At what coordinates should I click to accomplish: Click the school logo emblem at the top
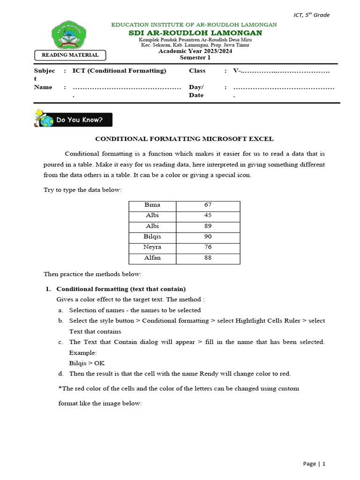coord(68,35)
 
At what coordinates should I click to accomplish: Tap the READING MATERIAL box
coord(70,55)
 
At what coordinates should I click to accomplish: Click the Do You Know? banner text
coord(79,120)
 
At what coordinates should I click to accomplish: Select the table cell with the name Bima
coord(152,205)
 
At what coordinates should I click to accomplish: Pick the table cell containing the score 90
coord(208,237)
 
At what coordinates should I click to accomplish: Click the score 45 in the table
coord(208,216)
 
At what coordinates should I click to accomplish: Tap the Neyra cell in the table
coord(152,247)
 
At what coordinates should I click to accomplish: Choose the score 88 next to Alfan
coord(208,258)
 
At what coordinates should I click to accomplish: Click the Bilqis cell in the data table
coord(152,237)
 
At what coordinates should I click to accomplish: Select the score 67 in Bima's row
coord(208,205)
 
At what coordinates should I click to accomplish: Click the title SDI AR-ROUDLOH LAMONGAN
coord(195,33)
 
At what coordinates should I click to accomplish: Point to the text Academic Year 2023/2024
coord(195,51)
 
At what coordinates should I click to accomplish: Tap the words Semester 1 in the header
coord(195,58)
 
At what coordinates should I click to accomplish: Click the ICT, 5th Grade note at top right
coord(311,15)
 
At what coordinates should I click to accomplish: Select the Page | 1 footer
coord(314,464)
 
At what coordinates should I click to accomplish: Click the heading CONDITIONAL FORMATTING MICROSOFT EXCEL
coord(184,139)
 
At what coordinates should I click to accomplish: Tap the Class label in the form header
coord(197,71)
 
